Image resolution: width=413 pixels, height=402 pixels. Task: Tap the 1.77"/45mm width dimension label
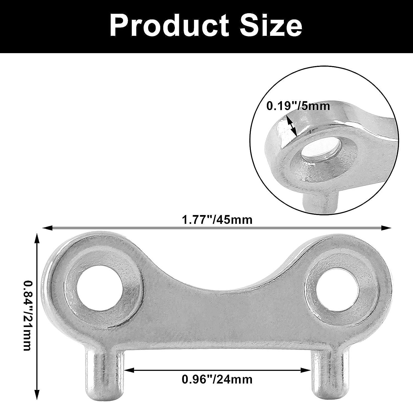coord(217,220)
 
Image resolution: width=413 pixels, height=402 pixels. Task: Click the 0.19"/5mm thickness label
coord(298,106)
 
